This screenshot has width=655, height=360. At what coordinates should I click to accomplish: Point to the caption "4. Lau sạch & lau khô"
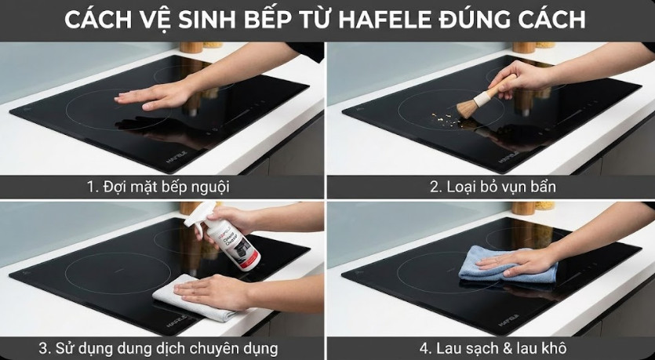click(x=491, y=347)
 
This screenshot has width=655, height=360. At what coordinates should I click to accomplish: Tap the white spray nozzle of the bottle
click(x=203, y=212)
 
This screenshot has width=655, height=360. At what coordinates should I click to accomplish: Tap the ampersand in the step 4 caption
click(x=515, y=347)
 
